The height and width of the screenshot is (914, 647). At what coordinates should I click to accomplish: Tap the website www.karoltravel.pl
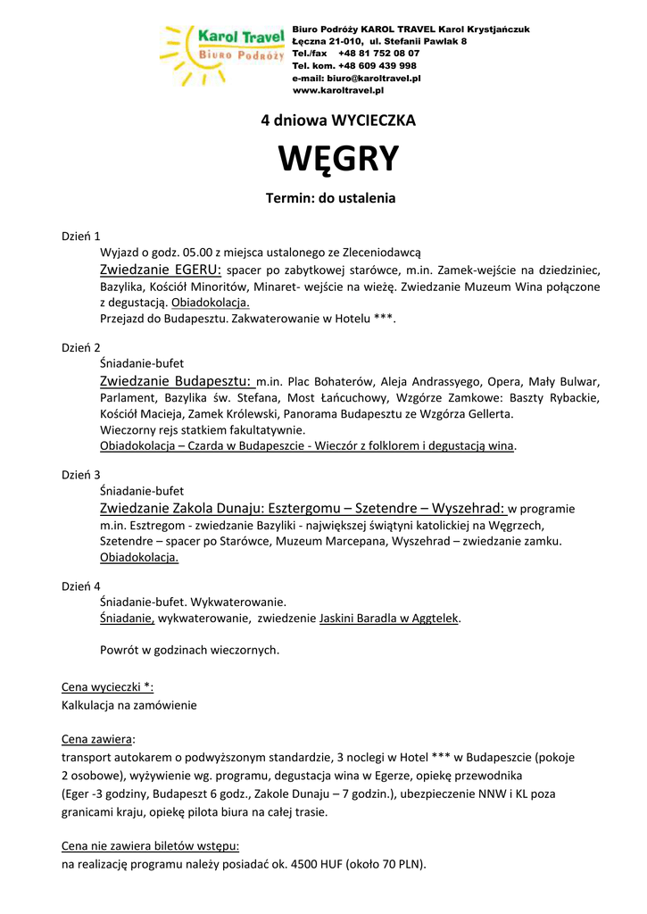coord(338,90)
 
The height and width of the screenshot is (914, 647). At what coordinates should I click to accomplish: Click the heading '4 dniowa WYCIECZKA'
coord(338,120)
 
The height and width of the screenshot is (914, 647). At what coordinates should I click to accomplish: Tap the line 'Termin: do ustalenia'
coord(330,198)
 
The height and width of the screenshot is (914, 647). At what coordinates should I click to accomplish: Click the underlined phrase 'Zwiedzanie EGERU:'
coord(161,270)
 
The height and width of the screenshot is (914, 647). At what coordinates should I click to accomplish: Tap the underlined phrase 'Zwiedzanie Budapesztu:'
coord(177,381)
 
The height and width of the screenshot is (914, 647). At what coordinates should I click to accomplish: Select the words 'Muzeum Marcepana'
coord(395,542)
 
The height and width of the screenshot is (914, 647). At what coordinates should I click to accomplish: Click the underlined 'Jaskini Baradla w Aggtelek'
coord(389,618)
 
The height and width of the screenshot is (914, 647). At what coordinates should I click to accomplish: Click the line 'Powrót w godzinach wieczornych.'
coord(189,650)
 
